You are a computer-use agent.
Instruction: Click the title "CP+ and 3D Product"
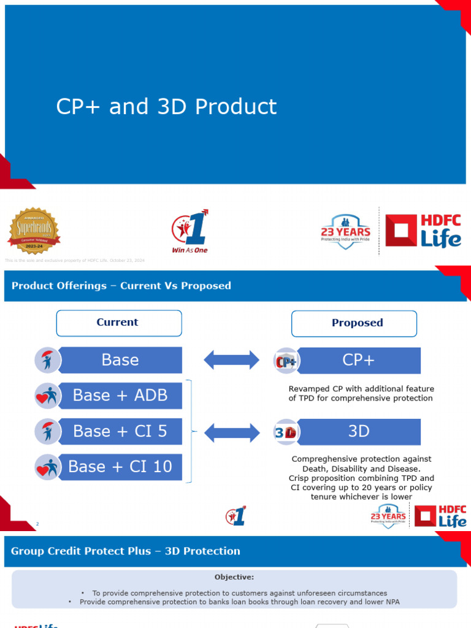[166, 107]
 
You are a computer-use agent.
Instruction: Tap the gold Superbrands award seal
[34, 231]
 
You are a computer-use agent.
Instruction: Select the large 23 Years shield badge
[346, 231]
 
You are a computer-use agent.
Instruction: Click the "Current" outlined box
[119, 323]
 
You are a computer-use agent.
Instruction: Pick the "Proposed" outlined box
[354, 323]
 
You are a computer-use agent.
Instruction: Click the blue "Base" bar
[121, 360]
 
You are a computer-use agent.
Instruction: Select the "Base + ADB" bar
[121, 396]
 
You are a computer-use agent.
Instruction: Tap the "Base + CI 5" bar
[121, 431]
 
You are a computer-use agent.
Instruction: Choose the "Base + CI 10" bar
[121, 467]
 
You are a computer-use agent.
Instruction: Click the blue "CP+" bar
[359, 360]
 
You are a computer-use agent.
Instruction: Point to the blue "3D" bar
[359, 432]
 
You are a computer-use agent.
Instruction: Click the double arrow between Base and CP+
[231, 360]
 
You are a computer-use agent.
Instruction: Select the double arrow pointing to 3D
[231, 432]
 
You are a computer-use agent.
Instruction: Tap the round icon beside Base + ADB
[47, 396]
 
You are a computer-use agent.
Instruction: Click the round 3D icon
[285, 432]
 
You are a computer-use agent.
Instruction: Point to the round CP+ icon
[286, 361]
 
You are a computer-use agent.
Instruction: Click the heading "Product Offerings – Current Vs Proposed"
[121, 286]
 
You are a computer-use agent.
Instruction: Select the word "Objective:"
[234, 577]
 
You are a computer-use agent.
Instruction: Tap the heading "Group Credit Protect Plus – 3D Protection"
[126, 551]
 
